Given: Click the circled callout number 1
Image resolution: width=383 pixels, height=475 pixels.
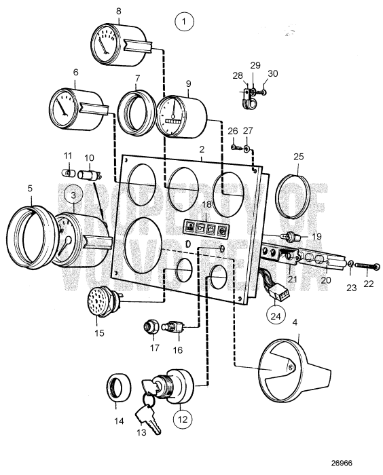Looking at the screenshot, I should coord(185,22).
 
